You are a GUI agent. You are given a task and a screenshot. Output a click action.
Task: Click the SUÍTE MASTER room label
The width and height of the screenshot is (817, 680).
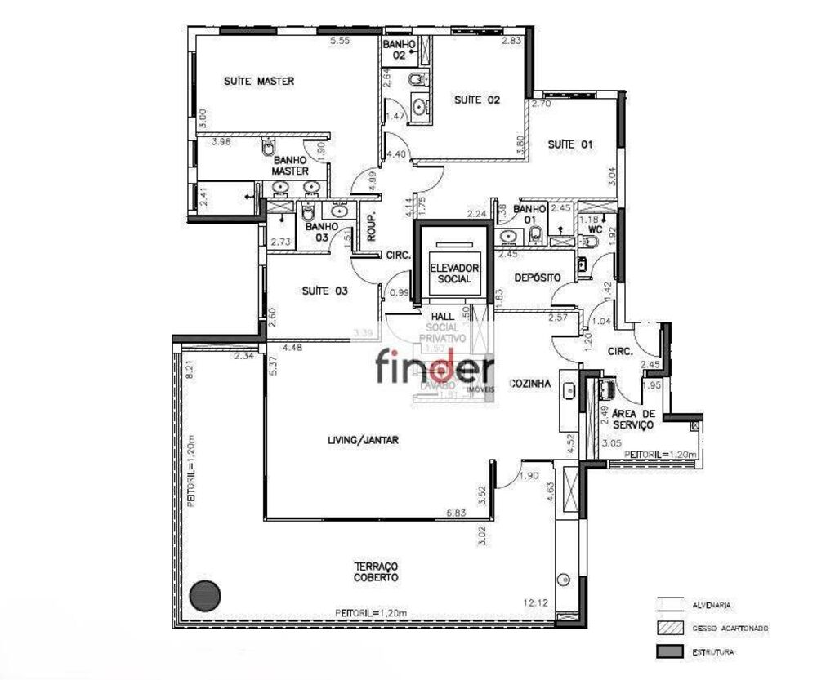click(x=259, y=82)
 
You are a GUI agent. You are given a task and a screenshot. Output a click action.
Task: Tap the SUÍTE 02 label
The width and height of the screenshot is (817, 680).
click(x=476, y=100)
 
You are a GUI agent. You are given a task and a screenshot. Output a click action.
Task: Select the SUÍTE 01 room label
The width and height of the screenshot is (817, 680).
click(x=569, y=144)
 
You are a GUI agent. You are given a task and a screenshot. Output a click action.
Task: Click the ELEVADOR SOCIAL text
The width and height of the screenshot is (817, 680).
click(x=454, y=273)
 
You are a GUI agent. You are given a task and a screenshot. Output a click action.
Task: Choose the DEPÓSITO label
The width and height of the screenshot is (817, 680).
click(x=537, y=278)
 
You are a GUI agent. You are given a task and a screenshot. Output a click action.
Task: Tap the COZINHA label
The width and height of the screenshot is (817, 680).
click(x=529, y=383)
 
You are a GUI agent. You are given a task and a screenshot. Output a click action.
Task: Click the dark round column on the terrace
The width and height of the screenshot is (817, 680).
click(x=204, y=595)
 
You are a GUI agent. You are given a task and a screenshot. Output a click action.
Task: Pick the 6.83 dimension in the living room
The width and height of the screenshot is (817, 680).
click(x=457, y=513)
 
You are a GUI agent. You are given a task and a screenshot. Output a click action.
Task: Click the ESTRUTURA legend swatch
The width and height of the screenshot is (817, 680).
click(x=667, y=651)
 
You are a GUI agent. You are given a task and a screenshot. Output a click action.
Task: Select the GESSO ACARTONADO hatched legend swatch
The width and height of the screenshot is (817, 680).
click(x=667, y=629)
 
